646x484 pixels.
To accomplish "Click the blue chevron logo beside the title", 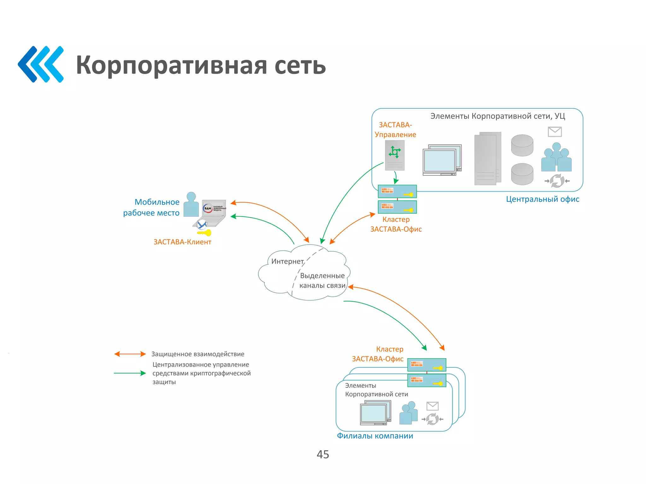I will click(41, 64).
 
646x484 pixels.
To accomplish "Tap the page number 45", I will click(323, 454).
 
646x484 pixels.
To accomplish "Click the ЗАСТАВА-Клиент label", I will click(182, 242).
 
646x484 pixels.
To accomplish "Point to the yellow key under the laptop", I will click(204, 233).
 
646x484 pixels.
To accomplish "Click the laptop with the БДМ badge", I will click(213, 212).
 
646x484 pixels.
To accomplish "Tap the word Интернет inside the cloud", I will click(287, 261).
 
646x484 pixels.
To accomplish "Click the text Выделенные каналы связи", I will click(322, 280).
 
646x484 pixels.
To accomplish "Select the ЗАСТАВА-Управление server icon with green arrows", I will click(395, 155).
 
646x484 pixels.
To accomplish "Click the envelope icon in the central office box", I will click(555, 132).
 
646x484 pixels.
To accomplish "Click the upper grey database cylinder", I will click(522, 145).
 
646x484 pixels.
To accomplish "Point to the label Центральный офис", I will click(543, 199).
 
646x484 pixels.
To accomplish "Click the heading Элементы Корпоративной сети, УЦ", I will click(497, 116).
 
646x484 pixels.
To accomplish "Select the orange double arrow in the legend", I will click(130, 354).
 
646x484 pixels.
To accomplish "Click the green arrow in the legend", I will click(130, 373).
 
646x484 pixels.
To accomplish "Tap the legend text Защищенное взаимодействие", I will click(198, 354).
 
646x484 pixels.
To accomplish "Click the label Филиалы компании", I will click(375, 436).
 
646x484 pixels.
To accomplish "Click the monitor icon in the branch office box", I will click(375, 412).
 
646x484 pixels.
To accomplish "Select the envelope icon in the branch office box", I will click(432, 406).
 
